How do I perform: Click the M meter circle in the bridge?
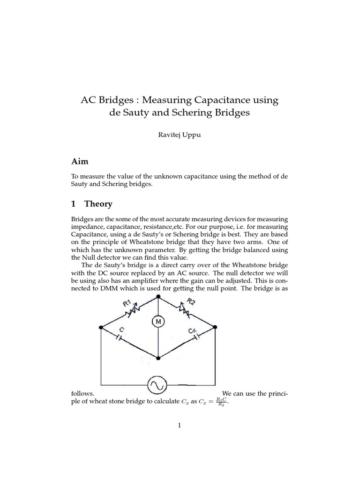[x=158, y=321]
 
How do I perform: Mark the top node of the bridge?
[x=158, y=297]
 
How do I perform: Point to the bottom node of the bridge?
[x=158, y=359]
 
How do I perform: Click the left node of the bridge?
[x=101, y=328]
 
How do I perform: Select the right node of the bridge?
[x=215, y=328]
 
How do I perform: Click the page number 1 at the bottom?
[x=180, y=425]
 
